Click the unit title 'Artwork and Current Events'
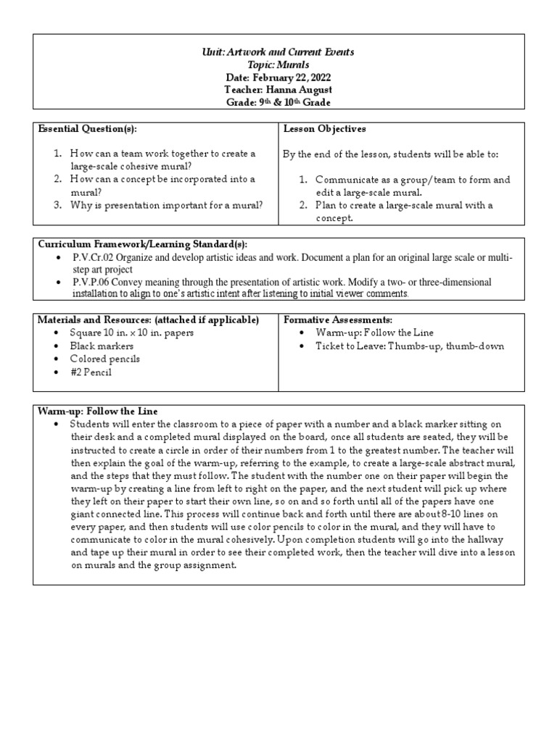coord(290,52)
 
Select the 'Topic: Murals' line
coord(278,64)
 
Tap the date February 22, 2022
coord(278,77)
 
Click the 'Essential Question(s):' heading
coord(87,129)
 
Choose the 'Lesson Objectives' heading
coord(325,129)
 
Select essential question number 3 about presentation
coord(166,205)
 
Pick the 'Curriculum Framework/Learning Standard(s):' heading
coord(147,245)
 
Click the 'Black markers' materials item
coord(102,346)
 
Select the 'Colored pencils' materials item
coord(104,359)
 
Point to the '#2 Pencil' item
coord(91,372)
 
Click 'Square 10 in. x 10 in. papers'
coord(131,333)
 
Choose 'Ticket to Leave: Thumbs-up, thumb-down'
coord(410,346)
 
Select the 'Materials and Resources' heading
coord(148,319)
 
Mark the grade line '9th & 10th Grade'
coord(278,101)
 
